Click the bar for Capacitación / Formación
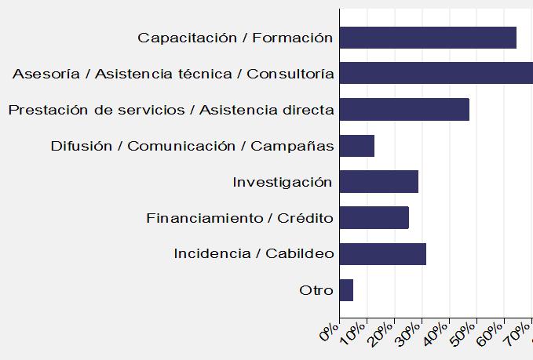pos(428,38)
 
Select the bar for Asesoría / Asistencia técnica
pos(436,74)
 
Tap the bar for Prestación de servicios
pos(404,110)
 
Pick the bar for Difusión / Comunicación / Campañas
pos(357,146)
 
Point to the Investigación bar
pos(379,182)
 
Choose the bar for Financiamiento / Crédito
pos(374,218)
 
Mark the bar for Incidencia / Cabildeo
pos(383,254)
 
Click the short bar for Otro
pos(346,290)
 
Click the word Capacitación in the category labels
pos(176,38)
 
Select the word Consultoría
pos(290,74)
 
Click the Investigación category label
pos(283,182)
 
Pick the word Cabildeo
pos(300,254)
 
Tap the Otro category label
pos(316,290)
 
